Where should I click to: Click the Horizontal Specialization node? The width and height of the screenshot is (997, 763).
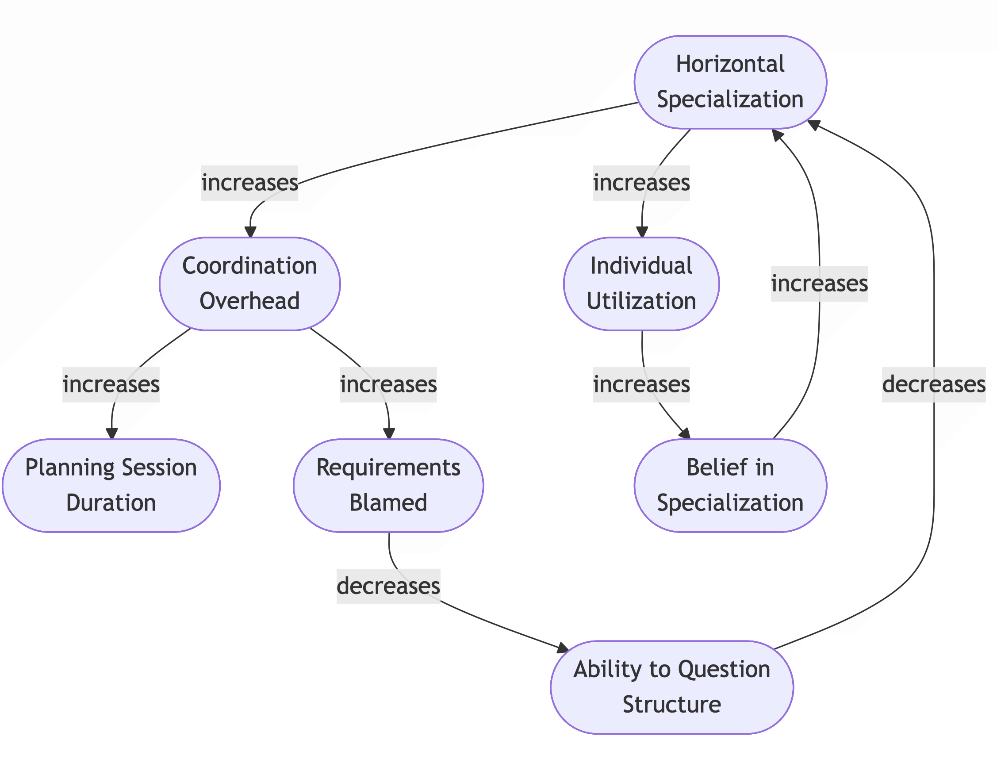730,82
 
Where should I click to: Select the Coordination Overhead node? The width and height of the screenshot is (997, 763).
249,284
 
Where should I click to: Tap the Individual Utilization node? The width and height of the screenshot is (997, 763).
641,284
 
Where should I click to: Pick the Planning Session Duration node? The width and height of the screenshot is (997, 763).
111,485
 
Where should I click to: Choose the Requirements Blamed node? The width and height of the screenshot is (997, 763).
388,485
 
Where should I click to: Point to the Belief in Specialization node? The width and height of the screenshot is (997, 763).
730,485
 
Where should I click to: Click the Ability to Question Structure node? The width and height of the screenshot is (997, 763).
671,686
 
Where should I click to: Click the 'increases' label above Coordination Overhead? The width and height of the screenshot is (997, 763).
249,183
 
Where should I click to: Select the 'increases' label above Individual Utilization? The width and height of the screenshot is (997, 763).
641,183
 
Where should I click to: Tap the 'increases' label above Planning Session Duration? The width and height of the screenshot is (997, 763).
111,384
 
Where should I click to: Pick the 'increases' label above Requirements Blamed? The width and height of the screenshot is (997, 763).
388,384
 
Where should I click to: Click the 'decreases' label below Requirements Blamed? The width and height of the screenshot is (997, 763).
388,586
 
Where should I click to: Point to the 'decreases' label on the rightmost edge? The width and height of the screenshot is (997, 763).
933,384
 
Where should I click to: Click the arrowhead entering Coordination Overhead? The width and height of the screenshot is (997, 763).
250,232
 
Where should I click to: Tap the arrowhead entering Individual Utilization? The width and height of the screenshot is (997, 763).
642,232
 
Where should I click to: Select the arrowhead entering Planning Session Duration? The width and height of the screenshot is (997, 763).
112,433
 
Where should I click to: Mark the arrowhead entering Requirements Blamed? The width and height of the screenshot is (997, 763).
389,433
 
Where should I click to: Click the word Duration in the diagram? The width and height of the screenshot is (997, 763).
111,503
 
